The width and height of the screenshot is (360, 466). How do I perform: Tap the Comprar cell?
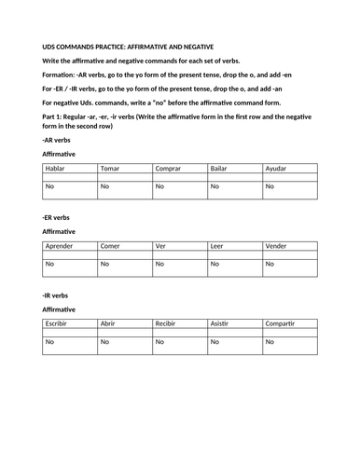click(x=179, y=168)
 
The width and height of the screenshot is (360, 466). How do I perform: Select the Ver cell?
click(x=179, y=246)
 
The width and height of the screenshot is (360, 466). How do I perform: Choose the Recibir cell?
click(x=179, y=323)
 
